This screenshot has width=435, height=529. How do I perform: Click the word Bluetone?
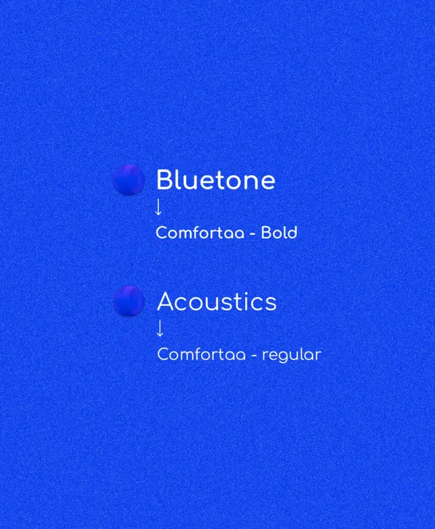point(216,180)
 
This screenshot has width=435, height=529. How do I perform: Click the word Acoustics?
point(217,302)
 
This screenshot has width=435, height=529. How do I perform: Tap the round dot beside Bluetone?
point(129,180)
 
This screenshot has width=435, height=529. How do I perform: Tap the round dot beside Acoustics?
point(129,301)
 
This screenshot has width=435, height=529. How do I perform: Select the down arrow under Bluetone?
point(158,206)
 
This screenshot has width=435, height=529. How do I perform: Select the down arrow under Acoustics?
point(160,328)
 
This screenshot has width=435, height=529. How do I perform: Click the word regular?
point(291,354)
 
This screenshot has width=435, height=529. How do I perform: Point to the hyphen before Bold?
point(253,234)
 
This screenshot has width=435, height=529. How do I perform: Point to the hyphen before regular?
point(255,355)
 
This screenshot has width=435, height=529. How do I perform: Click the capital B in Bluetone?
point(164,180)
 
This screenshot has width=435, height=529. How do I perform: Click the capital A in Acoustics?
point(166,302)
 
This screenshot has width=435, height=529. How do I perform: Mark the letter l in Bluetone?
point(180,180)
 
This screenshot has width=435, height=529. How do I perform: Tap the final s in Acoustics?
point(271,304)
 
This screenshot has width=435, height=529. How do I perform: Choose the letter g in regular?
point(283,356)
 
